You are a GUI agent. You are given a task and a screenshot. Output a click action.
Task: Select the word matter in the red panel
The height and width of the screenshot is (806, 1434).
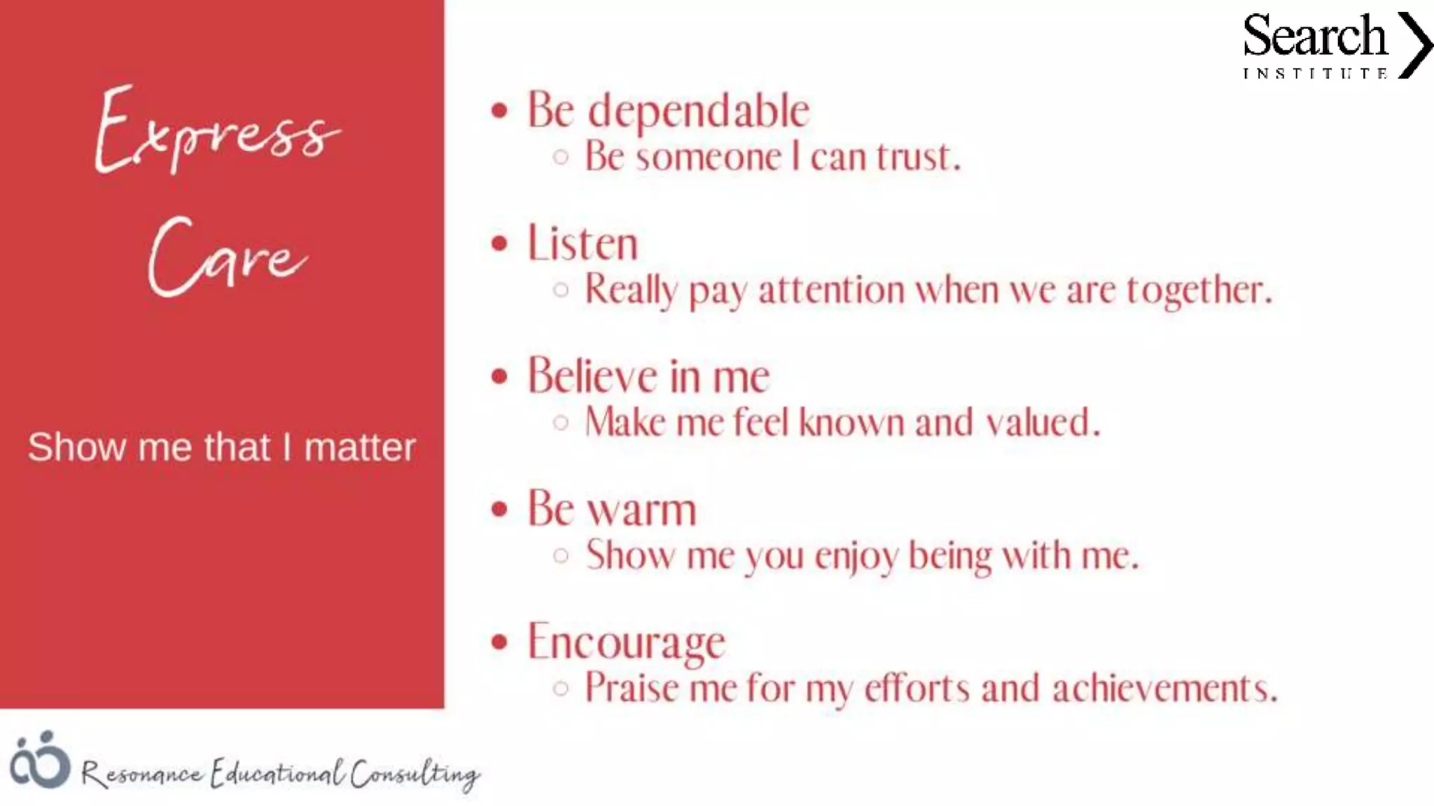click(x=360, y=447)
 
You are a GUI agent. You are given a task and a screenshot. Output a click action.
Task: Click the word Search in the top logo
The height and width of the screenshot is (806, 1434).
click(x=1314, y=36)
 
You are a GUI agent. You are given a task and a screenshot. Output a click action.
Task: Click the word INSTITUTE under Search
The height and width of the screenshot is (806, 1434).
click(x=1315, y=73)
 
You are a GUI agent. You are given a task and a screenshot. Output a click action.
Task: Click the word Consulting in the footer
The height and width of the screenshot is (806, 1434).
click(x=415, y=774)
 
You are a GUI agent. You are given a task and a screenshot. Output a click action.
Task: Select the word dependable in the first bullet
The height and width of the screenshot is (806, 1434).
click(x=698, y=111)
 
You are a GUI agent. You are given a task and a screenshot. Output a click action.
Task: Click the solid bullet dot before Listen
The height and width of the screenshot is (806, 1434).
click(x=499, y=243)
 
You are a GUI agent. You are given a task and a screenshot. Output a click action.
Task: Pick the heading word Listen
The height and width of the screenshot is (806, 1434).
click(x=583, y=243)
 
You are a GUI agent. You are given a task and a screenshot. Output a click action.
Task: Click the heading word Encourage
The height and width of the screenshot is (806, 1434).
click(x=627, y=642)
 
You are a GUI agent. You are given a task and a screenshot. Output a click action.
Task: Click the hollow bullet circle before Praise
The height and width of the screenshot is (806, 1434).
click(x=560, y=688)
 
